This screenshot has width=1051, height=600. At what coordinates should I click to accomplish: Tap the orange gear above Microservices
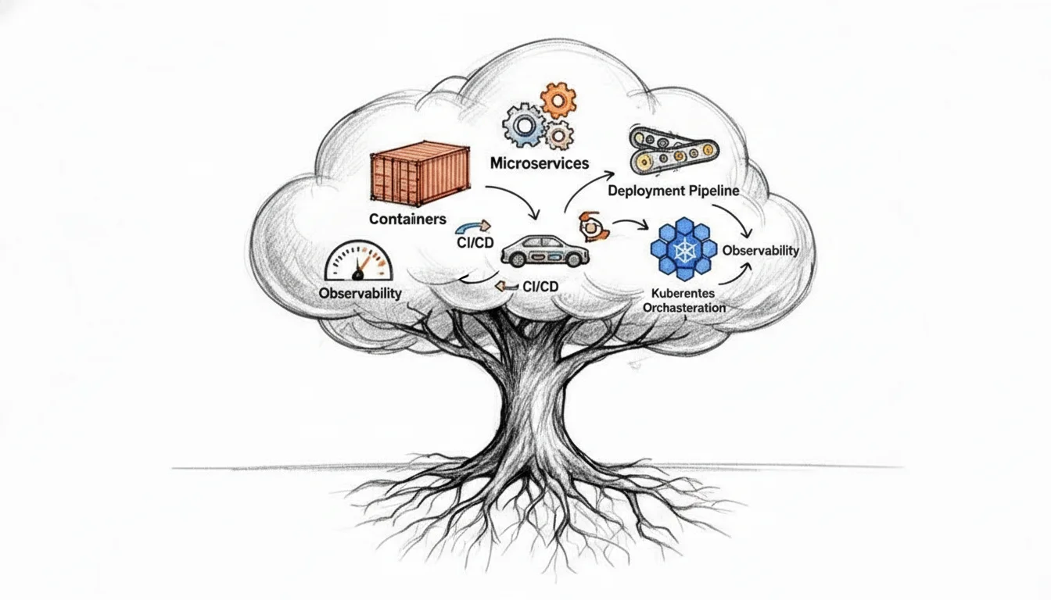(558, 100)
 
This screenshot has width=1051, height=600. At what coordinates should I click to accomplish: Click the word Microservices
(539, 163)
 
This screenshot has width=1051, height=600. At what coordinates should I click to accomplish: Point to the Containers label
(407, 220)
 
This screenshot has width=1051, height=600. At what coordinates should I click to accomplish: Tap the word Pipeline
(715, 190)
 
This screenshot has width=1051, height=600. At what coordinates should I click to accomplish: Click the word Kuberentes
(683, 294)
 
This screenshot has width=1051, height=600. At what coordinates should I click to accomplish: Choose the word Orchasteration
(683, 308)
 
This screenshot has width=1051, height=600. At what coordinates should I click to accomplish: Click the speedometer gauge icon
(359, 261)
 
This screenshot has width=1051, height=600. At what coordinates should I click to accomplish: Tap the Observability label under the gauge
(360, 294)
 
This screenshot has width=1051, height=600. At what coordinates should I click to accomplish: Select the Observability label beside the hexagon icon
(760, 251)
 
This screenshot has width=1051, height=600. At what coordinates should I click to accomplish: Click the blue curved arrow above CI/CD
(472, 226)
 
